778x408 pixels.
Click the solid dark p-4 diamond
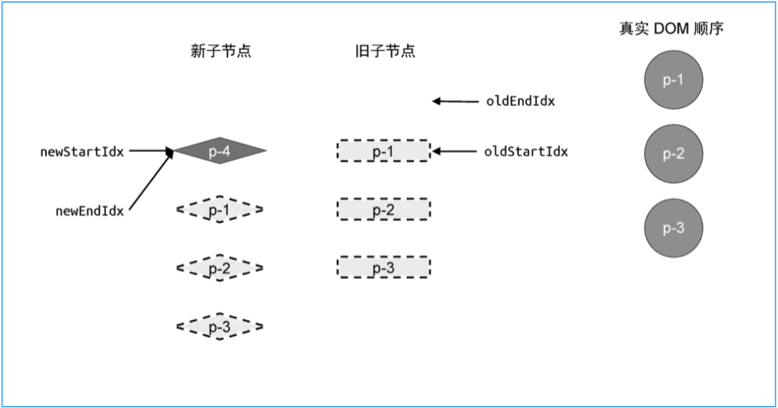[219, 151]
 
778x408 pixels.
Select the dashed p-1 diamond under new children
[219, 210]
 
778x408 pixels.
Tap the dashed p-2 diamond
[219, 268]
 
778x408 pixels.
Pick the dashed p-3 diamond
[219, 326]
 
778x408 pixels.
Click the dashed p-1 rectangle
[384, 151]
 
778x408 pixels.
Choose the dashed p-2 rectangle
[384, 210]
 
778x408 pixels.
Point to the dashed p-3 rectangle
[384, 268]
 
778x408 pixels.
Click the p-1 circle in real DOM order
[673, 80]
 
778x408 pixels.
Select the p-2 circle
[673, 154]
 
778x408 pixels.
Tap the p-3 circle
[673, 228]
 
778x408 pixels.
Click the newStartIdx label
[82, 152]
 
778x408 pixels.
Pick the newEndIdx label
[90, 211]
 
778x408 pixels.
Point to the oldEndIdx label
[520, 101]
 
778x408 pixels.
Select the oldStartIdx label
[526, 152]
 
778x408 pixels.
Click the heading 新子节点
[221, 52]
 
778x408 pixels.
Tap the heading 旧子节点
[384, 52]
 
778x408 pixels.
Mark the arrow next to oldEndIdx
[455, 101]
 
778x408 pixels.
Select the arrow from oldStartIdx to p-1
[455, 152]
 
